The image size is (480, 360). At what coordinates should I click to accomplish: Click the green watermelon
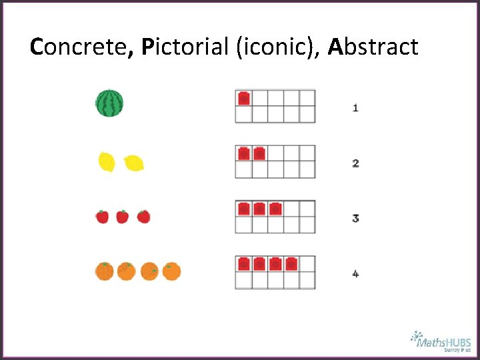tap(109, 103)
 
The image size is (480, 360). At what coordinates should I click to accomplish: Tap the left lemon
tap(107, 161)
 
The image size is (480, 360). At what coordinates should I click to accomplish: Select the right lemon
tap(134, 162)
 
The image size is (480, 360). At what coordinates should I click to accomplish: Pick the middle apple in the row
tap(123, 217)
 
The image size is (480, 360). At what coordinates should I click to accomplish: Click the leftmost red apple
tap(102, 217)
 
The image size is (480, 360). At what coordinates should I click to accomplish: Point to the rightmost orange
tap(172, 271)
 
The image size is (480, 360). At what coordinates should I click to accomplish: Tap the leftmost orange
tap(105, 271)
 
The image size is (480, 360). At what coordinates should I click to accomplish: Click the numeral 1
tap(355, 107)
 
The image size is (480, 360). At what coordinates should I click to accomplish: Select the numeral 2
tap(355, 163)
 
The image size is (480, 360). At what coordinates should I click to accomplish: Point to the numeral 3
tap(355, 218)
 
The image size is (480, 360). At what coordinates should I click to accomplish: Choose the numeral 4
tap(355, 273)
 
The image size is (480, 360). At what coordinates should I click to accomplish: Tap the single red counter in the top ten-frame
tap(244, 98)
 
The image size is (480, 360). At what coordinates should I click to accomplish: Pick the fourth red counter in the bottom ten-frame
tap(291, 264)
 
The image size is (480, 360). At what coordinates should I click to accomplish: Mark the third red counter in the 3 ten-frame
tap(275, 209)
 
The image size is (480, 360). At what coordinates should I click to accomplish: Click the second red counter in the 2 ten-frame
tap(259, 153)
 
